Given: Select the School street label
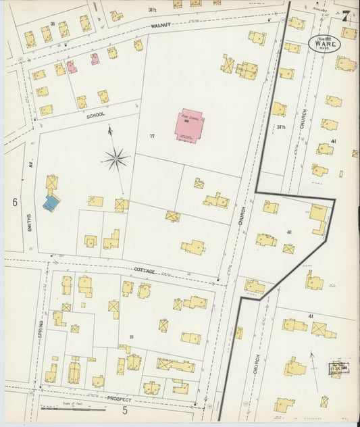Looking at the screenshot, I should (96, 115).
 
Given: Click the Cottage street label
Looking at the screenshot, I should (144, 270).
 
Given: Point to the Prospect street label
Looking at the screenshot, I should (119, 399).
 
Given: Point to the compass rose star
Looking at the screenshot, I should (116, 159).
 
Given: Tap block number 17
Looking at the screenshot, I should (153, 136).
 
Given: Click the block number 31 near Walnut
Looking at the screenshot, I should (52, 24).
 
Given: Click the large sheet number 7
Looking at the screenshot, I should (345, 16).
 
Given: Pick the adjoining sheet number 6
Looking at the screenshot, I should (14, 201).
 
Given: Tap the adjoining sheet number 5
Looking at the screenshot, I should (125, 409).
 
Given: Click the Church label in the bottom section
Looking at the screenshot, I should (257, 366).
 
